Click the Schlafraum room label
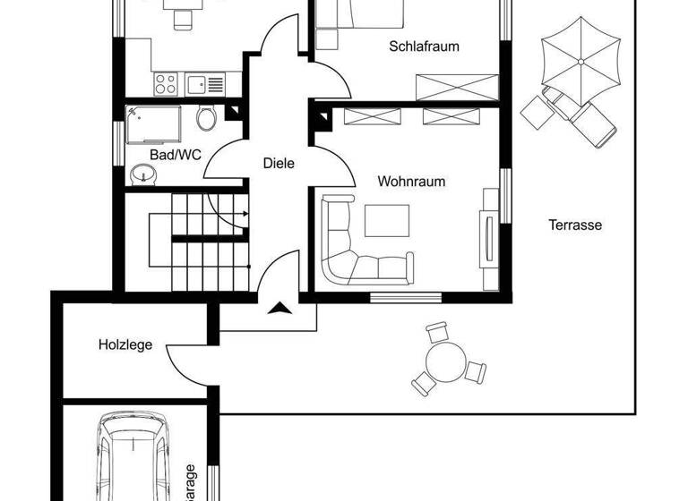425,47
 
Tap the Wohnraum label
411,182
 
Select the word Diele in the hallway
279,164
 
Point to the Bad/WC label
175,155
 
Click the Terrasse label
575,225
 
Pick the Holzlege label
125,344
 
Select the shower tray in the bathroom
153,124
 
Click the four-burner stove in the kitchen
166,84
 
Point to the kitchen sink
196,84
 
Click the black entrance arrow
279,309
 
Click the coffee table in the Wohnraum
386,220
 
